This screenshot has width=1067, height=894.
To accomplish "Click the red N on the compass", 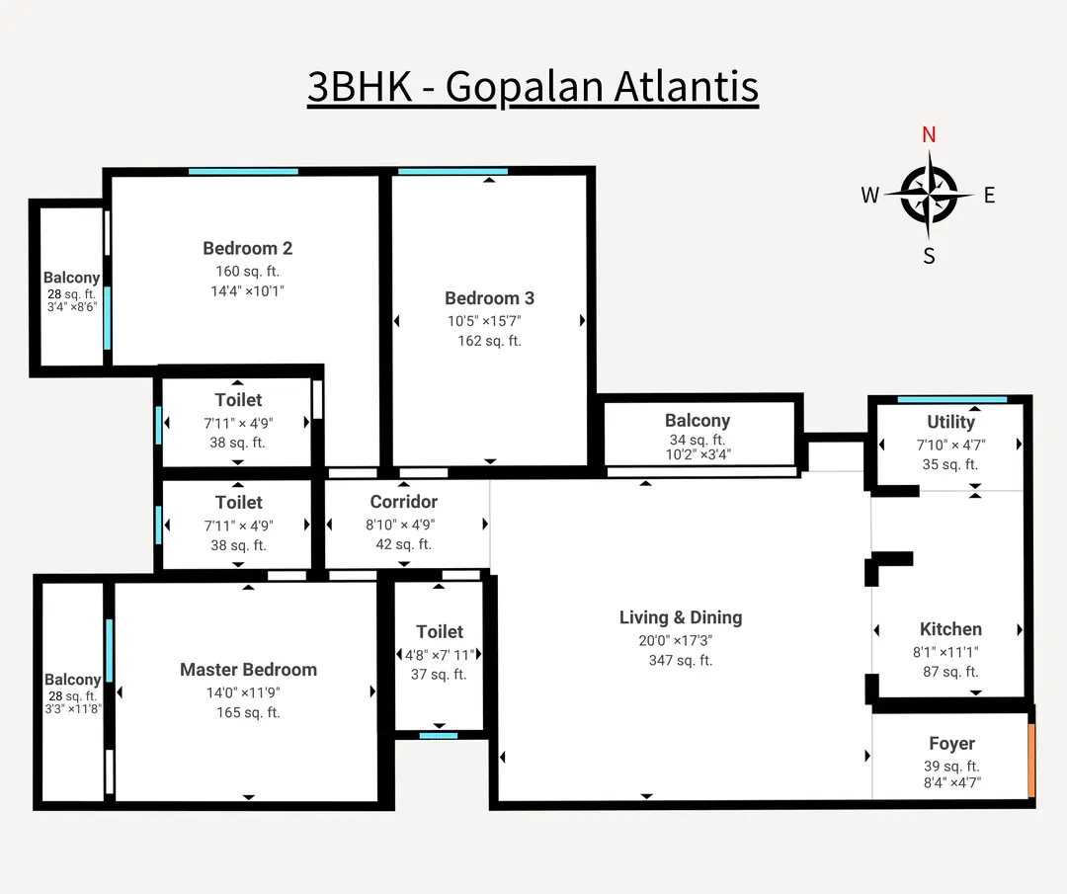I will click(929, 135).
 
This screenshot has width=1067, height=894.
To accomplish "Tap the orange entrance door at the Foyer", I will click(1031, 761).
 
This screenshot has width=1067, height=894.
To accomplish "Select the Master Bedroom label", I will click(248, 670).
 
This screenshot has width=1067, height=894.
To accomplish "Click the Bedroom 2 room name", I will click(247, 248).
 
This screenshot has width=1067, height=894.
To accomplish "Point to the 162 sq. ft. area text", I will click(489, 341).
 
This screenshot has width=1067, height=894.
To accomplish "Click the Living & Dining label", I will click(680, 617).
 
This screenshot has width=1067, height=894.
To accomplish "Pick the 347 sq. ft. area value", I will click(680, 660).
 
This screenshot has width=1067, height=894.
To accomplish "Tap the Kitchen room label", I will click(950, 629).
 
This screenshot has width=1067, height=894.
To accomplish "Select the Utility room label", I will click(950, 422).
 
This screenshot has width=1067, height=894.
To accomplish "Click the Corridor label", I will click(403, 502).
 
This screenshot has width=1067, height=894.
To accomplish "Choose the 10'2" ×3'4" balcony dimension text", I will click(697, 455).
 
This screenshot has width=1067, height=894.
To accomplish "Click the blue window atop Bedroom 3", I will click(452, 172).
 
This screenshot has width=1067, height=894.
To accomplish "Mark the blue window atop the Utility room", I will click(951, 399).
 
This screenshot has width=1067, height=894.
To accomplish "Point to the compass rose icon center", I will click(929, 194).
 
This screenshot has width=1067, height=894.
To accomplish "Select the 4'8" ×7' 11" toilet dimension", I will click(439, 654).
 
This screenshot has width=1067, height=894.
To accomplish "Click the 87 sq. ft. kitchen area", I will click(949, 672).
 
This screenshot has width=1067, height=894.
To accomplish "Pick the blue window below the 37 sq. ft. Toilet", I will click(438, 735).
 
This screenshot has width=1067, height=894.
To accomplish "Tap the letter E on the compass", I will click(989, 195).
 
